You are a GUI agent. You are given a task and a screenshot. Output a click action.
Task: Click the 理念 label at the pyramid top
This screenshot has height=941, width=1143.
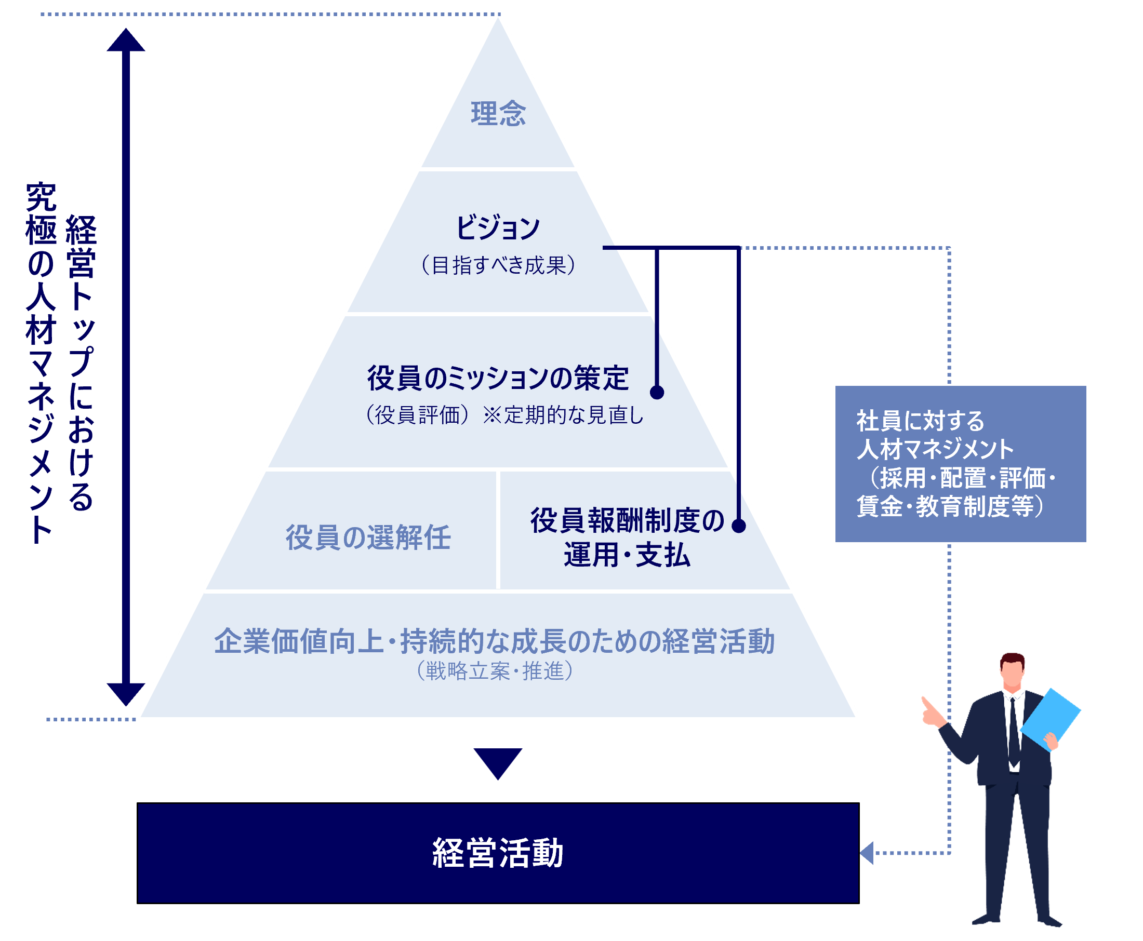coord(498,114)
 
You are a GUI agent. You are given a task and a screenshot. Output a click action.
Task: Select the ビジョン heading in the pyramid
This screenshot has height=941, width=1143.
coord(498,227)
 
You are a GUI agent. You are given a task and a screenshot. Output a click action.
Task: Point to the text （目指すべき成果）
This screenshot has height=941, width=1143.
coord(498,265)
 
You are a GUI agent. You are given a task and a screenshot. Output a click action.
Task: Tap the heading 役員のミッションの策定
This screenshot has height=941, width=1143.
coord(498,378)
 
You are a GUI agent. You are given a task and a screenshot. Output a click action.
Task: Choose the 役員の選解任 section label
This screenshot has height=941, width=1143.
coord(368,537)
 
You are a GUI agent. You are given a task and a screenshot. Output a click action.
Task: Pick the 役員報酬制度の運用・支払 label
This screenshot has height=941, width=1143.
coord(627,537)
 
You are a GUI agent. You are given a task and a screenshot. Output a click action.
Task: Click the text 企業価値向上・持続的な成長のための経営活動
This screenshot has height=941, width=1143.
coord(495,641)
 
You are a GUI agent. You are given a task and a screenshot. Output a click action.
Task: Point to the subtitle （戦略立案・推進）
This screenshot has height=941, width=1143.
coord(495,671)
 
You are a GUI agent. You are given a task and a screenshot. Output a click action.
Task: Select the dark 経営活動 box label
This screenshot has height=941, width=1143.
coord(498,853)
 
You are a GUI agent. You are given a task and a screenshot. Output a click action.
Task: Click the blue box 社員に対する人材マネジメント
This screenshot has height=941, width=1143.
coord(960,464)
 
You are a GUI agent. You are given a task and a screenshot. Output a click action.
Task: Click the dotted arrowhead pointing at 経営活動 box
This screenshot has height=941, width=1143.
coord(867,853)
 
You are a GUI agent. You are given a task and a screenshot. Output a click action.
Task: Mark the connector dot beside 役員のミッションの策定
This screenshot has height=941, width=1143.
coord(657,393)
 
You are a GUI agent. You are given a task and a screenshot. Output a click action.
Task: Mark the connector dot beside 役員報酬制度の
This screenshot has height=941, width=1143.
coord(738,526)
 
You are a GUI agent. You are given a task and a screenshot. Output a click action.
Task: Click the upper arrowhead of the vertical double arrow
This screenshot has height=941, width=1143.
coord(126,41)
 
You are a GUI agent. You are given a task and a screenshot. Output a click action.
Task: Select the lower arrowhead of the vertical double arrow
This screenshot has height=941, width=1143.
coord(126,694)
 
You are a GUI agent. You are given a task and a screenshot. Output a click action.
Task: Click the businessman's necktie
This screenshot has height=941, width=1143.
coord(1013,732)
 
